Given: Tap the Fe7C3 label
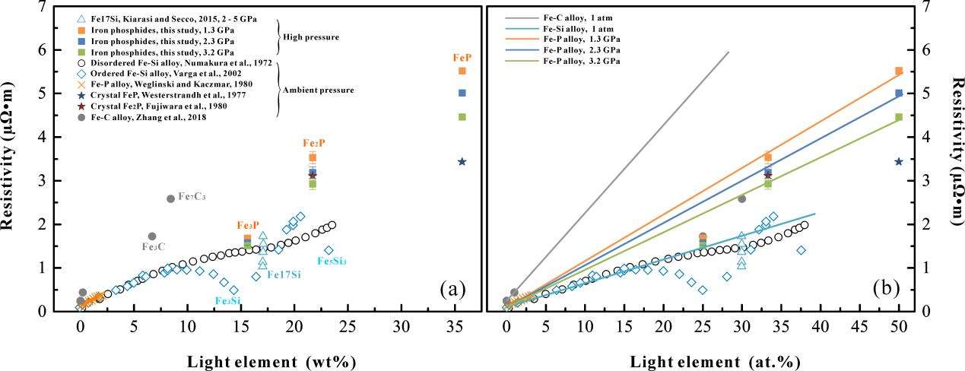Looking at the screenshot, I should coord(192,197).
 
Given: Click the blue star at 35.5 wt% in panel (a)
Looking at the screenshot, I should coord(462,161).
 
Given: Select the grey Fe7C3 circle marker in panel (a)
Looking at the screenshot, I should coord(170,198).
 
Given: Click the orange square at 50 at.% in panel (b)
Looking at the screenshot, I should coord(898,71).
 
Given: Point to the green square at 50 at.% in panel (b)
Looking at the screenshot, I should coord(898,117).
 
